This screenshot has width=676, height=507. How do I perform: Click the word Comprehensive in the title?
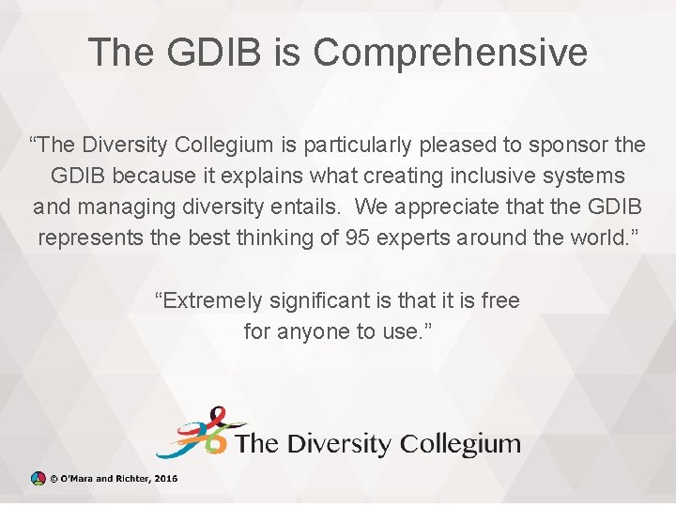tap(451, 54)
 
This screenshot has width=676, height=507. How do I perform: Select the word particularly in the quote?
tap(358, 145)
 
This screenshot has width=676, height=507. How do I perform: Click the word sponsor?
tap(562, 145)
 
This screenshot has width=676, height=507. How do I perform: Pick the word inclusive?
tap(487, 176)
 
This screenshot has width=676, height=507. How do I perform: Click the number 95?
tap(358, 237)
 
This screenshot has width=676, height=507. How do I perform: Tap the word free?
tap(500, 300)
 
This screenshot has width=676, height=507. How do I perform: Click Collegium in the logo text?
tap(460, 443)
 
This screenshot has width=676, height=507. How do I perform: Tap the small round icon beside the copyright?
tap(38, 478)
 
